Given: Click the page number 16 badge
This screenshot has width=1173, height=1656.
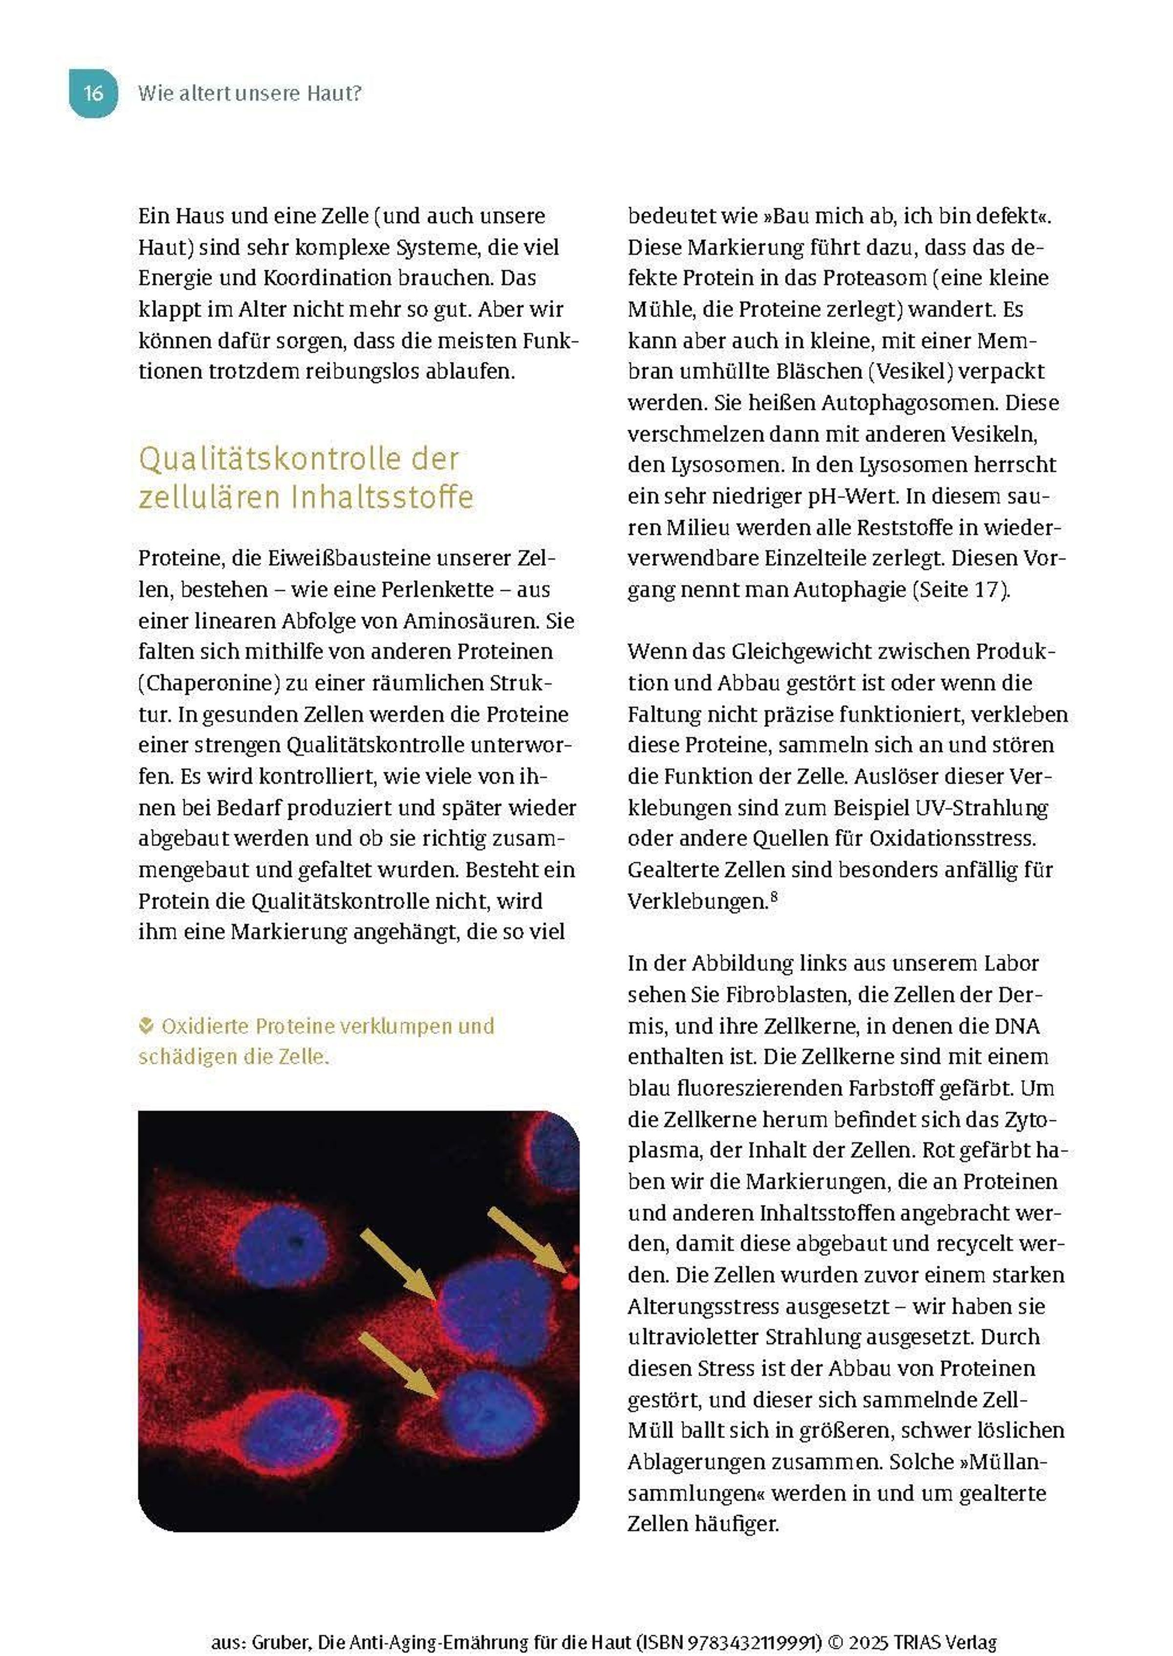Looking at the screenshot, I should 93,93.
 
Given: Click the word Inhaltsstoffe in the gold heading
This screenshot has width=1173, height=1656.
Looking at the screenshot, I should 382,497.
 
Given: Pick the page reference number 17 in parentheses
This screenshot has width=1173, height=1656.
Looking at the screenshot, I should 986,590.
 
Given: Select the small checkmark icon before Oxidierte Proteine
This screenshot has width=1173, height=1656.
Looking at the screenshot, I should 146,1025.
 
